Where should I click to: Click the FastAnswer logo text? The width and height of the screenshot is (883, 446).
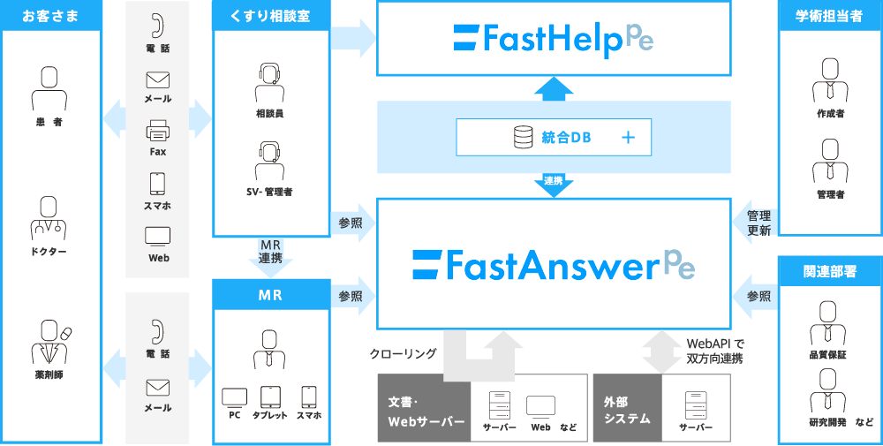coord(554,264)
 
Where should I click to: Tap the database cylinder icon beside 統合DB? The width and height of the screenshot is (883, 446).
coord(522,137)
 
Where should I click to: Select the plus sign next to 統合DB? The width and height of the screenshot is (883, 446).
coord(628,137)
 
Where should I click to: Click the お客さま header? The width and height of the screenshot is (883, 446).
coord(50,16)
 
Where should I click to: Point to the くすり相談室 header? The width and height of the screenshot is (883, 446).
coord(270,16)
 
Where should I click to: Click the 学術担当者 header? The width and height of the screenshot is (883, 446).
coord(829,16)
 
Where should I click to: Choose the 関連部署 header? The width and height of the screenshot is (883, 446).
coord(829,271)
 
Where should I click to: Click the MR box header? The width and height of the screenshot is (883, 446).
coord(270,295)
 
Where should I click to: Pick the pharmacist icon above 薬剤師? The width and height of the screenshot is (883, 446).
coord(50,342)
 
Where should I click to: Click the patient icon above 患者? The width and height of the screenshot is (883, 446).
coord(49,88)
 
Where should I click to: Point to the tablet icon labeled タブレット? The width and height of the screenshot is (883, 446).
coord(269,397)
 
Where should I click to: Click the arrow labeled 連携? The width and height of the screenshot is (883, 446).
coord(554,185)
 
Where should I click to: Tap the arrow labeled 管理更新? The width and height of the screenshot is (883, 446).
coord(755,223)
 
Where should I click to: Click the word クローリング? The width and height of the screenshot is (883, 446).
coord(404,353)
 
